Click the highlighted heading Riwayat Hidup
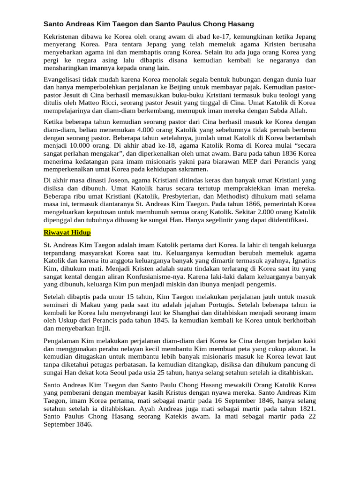67,232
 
